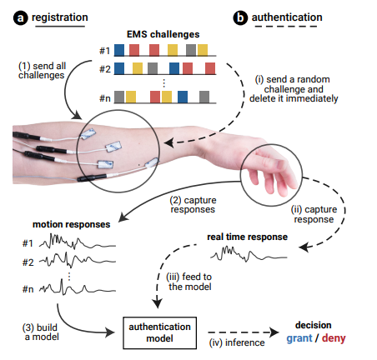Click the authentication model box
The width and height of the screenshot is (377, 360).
coord(160,332)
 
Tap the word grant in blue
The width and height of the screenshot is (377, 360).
coord(299,338)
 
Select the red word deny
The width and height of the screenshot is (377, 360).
coord(334,338)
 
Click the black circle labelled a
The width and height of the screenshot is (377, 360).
coord(21,18)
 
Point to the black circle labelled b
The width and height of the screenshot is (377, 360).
coord(240,18)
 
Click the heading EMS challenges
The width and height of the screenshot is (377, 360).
coord(163,34)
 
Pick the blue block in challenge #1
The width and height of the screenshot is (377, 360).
coord(119,50)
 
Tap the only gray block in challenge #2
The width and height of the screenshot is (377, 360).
coord(153,68)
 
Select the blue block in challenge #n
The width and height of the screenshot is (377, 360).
coord(183,97)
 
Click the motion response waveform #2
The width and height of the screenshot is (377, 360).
coord(78,260)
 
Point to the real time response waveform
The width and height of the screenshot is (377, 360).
coord(249,253)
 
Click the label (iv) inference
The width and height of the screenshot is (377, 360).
coord(237,342)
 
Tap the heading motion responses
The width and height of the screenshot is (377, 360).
coord(72,224)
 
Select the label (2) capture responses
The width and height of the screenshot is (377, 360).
coord(194,205)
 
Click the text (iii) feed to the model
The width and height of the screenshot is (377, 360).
coord(189,282)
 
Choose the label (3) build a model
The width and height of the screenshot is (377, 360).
coord(41,332)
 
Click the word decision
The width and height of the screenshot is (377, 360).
coord(314,325)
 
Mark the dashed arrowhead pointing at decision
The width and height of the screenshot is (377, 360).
coord(274,332)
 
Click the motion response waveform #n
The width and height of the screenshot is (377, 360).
coord(78,287)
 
